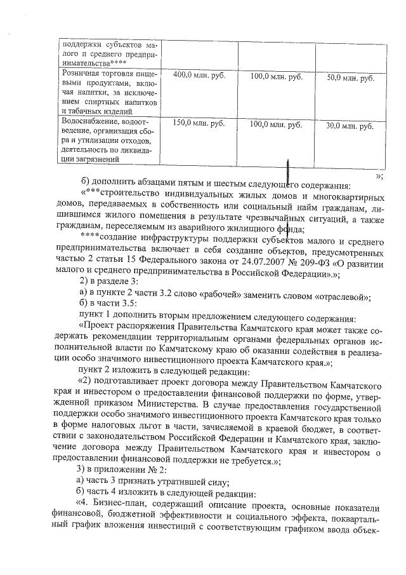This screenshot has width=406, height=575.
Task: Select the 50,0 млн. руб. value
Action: coord(350,78)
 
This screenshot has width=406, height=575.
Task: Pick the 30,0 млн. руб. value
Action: coord(350,126)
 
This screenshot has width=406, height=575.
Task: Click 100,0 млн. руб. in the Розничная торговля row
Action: coord(276,77)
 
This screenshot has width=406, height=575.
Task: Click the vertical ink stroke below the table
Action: coord(289,172)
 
